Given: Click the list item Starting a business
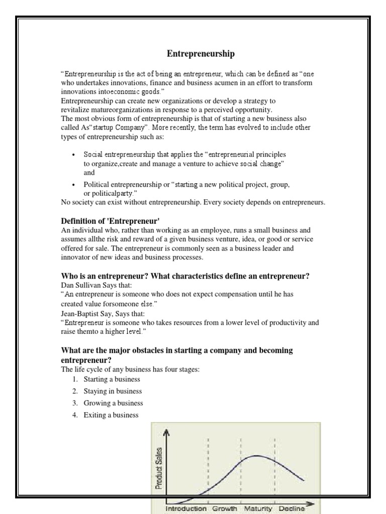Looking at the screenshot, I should point(112,379).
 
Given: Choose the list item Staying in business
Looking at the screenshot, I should point(113,391).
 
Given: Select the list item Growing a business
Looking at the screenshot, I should point(113,403).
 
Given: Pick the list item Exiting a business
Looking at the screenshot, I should point(111,415).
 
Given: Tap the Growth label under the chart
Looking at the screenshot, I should point(224,508).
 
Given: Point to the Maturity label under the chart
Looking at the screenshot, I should point(258,508).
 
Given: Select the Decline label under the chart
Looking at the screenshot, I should point(292,508).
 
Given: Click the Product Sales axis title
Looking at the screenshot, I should point(159,461).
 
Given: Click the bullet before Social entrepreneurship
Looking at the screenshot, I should point(73,155).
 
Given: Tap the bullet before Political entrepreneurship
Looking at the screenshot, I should point(73,185).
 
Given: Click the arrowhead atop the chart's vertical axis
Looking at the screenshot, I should point(167,431).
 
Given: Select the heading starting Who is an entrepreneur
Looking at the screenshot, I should point(185,276).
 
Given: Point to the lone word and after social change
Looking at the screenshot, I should point(89,172).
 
